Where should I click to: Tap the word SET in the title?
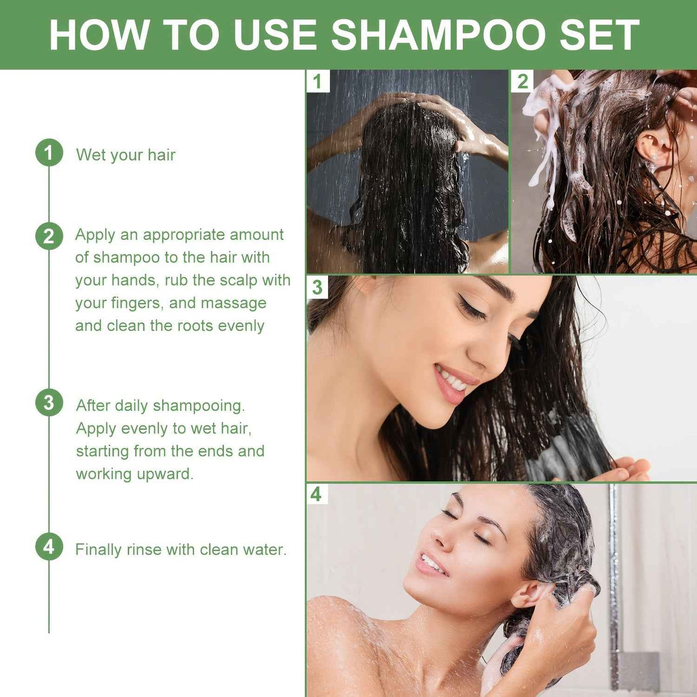click(600, 35)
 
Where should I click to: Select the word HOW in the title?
click(99, 35)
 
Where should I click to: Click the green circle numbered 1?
click(49, 153)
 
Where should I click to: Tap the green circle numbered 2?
click(49, 236)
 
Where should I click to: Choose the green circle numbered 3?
click(49, 403)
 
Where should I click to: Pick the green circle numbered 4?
click(49, 547)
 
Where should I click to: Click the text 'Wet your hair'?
click(125, 155)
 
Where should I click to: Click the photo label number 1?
click(317, 82)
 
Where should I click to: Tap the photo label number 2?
click(522, 82)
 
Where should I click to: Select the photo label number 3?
click(317, 287)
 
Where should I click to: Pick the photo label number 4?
click(316, 494)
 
